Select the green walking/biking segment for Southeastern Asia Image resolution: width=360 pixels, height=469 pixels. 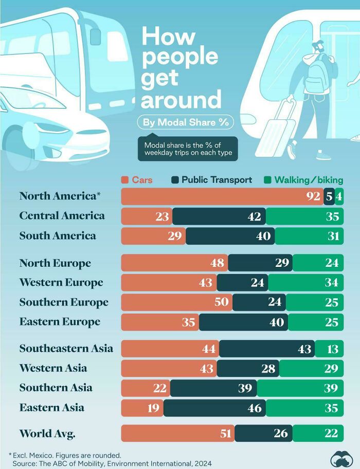[329, 349]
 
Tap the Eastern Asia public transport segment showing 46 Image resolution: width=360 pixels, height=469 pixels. [214, 408]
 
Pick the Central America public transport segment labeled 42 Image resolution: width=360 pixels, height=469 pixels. [219, 217]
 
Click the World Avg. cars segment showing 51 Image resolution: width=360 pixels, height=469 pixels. [178, 434]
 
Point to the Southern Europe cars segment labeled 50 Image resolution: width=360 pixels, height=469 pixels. [177, 302]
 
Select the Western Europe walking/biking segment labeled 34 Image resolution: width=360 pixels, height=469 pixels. [305, 283]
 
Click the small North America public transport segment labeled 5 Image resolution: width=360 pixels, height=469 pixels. [329, 196]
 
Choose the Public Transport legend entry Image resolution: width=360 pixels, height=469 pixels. [211, 180]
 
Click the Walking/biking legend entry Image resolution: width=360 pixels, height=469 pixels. [303, 180]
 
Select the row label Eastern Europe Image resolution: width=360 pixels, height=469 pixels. [60, 322]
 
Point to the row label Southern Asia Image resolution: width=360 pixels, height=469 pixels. [56, 388]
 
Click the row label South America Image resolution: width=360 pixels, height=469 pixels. [58, 236]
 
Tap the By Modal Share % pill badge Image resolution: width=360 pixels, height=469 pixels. [185, 122]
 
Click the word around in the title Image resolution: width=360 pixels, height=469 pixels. [181, 99]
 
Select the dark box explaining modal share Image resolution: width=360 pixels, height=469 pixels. [188, 149]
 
